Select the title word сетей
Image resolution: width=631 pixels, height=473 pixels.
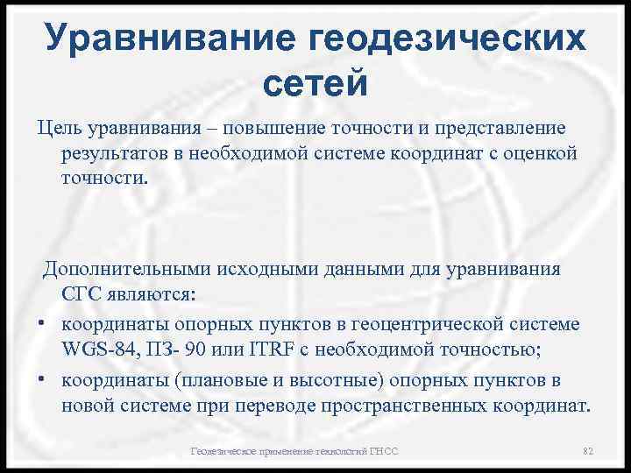315,84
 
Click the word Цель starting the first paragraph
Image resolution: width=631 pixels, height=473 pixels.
60,129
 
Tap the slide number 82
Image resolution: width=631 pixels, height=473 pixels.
588,451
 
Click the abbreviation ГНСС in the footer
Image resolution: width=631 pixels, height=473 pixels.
383,451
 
